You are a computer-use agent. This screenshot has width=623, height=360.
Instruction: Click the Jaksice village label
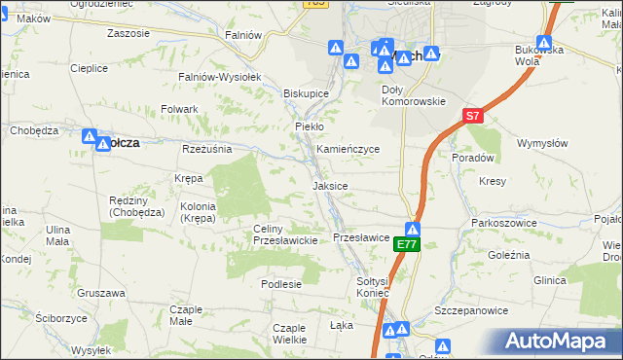[330, 185]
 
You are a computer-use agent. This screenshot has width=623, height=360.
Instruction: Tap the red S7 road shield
[472, 116]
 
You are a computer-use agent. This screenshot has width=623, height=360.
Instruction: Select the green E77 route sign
[407, 246]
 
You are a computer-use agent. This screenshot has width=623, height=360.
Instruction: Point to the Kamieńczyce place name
[348, 149]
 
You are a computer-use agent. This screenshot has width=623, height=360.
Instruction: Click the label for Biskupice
[306, 93]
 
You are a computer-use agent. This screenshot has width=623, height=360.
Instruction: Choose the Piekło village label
[309, 126]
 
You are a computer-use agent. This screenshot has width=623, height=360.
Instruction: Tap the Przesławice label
[361, 237]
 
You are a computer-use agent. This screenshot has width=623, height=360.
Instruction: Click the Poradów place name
[474, 157]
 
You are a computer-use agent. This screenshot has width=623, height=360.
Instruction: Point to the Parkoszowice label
[501, 223]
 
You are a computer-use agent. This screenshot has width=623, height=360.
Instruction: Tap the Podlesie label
[280, 283]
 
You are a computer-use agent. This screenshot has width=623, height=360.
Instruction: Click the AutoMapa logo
[559, 341]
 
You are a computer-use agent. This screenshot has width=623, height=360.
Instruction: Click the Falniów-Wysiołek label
[217, 76]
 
